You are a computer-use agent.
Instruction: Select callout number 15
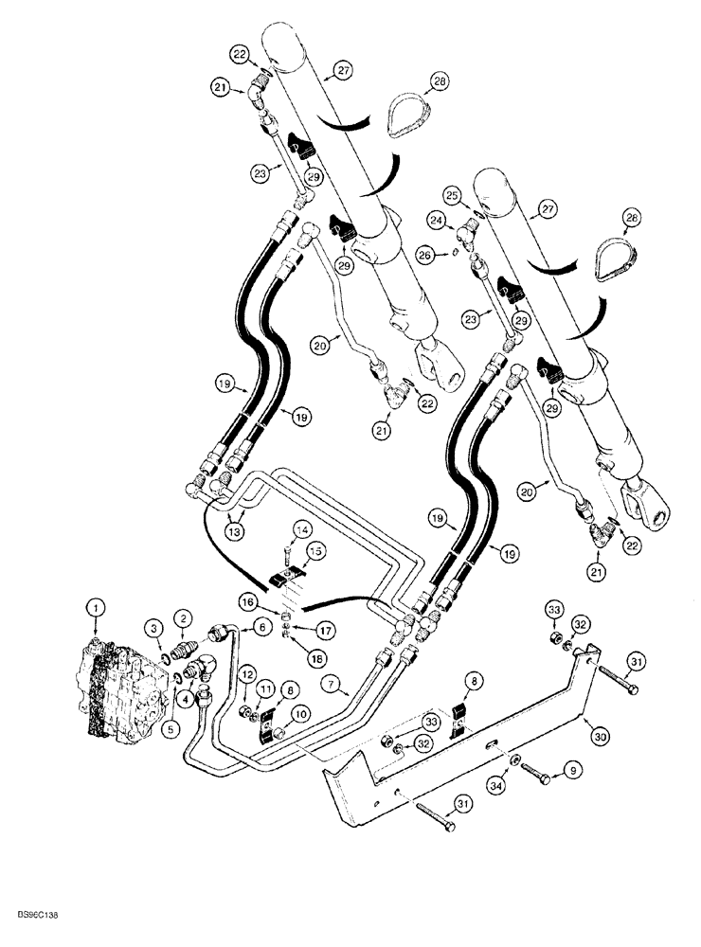tap(315, 550)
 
